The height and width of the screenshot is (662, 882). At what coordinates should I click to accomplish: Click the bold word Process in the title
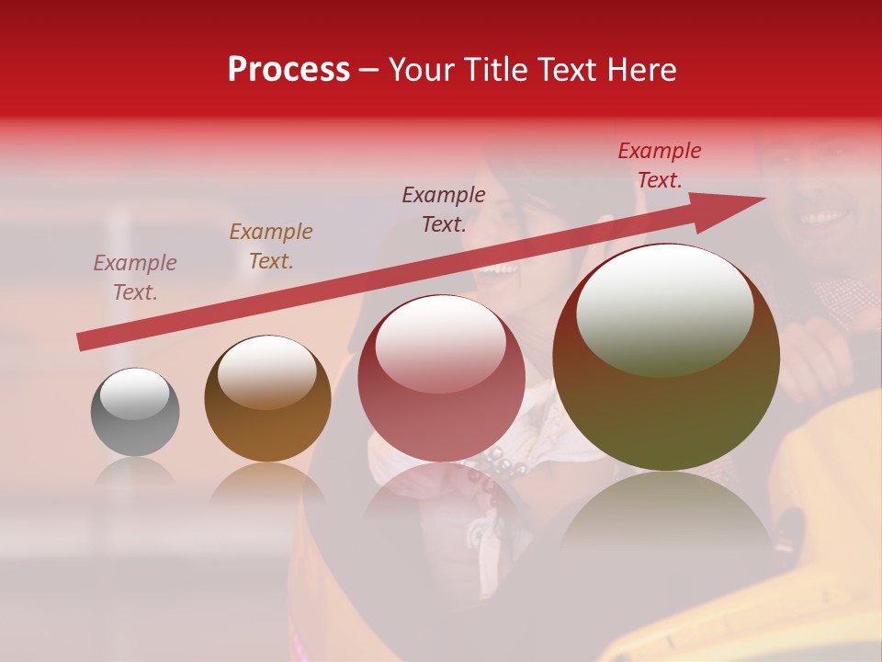[x=288, y=70]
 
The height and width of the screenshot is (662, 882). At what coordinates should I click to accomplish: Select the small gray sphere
[x=135, y=412]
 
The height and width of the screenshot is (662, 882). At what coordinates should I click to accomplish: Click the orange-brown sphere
[x=267, y=399]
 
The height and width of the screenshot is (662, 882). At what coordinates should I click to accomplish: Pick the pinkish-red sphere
[x=442, y=379]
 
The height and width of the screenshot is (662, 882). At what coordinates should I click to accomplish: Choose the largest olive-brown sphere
[x=666, y=357]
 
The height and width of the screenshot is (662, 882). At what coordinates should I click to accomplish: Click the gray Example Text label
[x=135, y=278]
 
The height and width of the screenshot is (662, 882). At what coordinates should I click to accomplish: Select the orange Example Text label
[x=271, y=246]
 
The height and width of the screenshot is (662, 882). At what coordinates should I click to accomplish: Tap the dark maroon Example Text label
[x=444, y=210]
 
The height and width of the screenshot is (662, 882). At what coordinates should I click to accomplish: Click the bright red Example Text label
[x=659, y=165]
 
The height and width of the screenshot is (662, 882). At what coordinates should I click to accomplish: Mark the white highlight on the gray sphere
[x=135, y=394]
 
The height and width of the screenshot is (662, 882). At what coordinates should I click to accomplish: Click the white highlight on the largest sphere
[x=664, y=311]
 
